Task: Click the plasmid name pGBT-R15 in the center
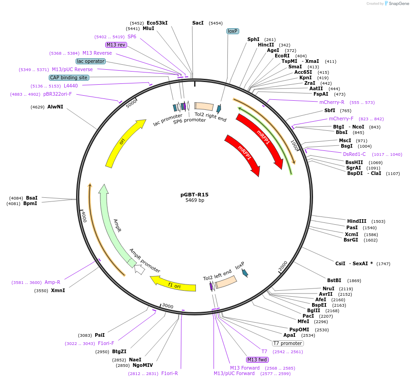coord(195,195)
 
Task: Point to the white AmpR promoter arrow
coord(139,269)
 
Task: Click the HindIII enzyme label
coord(356,221)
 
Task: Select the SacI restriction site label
coord(198,23)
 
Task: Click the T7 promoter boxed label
coord(288,343)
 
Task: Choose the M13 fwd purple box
coord(257,360)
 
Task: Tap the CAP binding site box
coord(69,77)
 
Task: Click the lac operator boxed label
coord(91,61)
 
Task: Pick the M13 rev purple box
coord(116,45)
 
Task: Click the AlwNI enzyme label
coord(55,107)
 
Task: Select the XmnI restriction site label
coord(58,290)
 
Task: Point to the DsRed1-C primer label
coord(354,154)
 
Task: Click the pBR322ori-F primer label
coord(57,94)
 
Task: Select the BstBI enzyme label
coord(334,280)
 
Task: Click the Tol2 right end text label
coord(211,117)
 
